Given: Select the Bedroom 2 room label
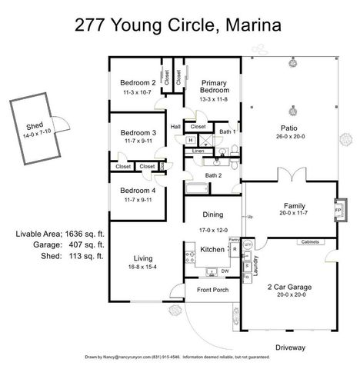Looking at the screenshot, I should [x=138, y=83].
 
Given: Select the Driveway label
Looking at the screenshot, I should [x=289, y=347].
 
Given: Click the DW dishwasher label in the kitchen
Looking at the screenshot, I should [x=225, y=271].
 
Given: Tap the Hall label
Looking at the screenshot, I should [x=175, y=127].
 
